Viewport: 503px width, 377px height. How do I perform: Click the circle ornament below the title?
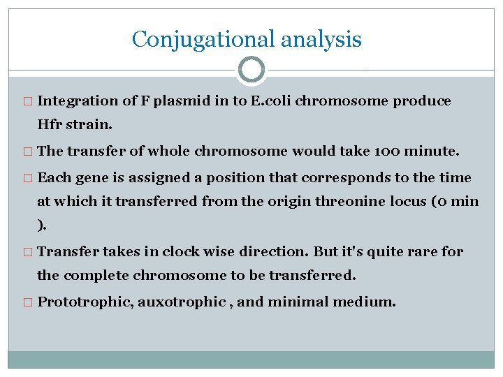[x=251, y=70]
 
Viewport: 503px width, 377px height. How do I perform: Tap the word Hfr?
[x=50, y=126]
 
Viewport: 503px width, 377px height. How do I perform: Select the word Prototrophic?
[x=85, y=302]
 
